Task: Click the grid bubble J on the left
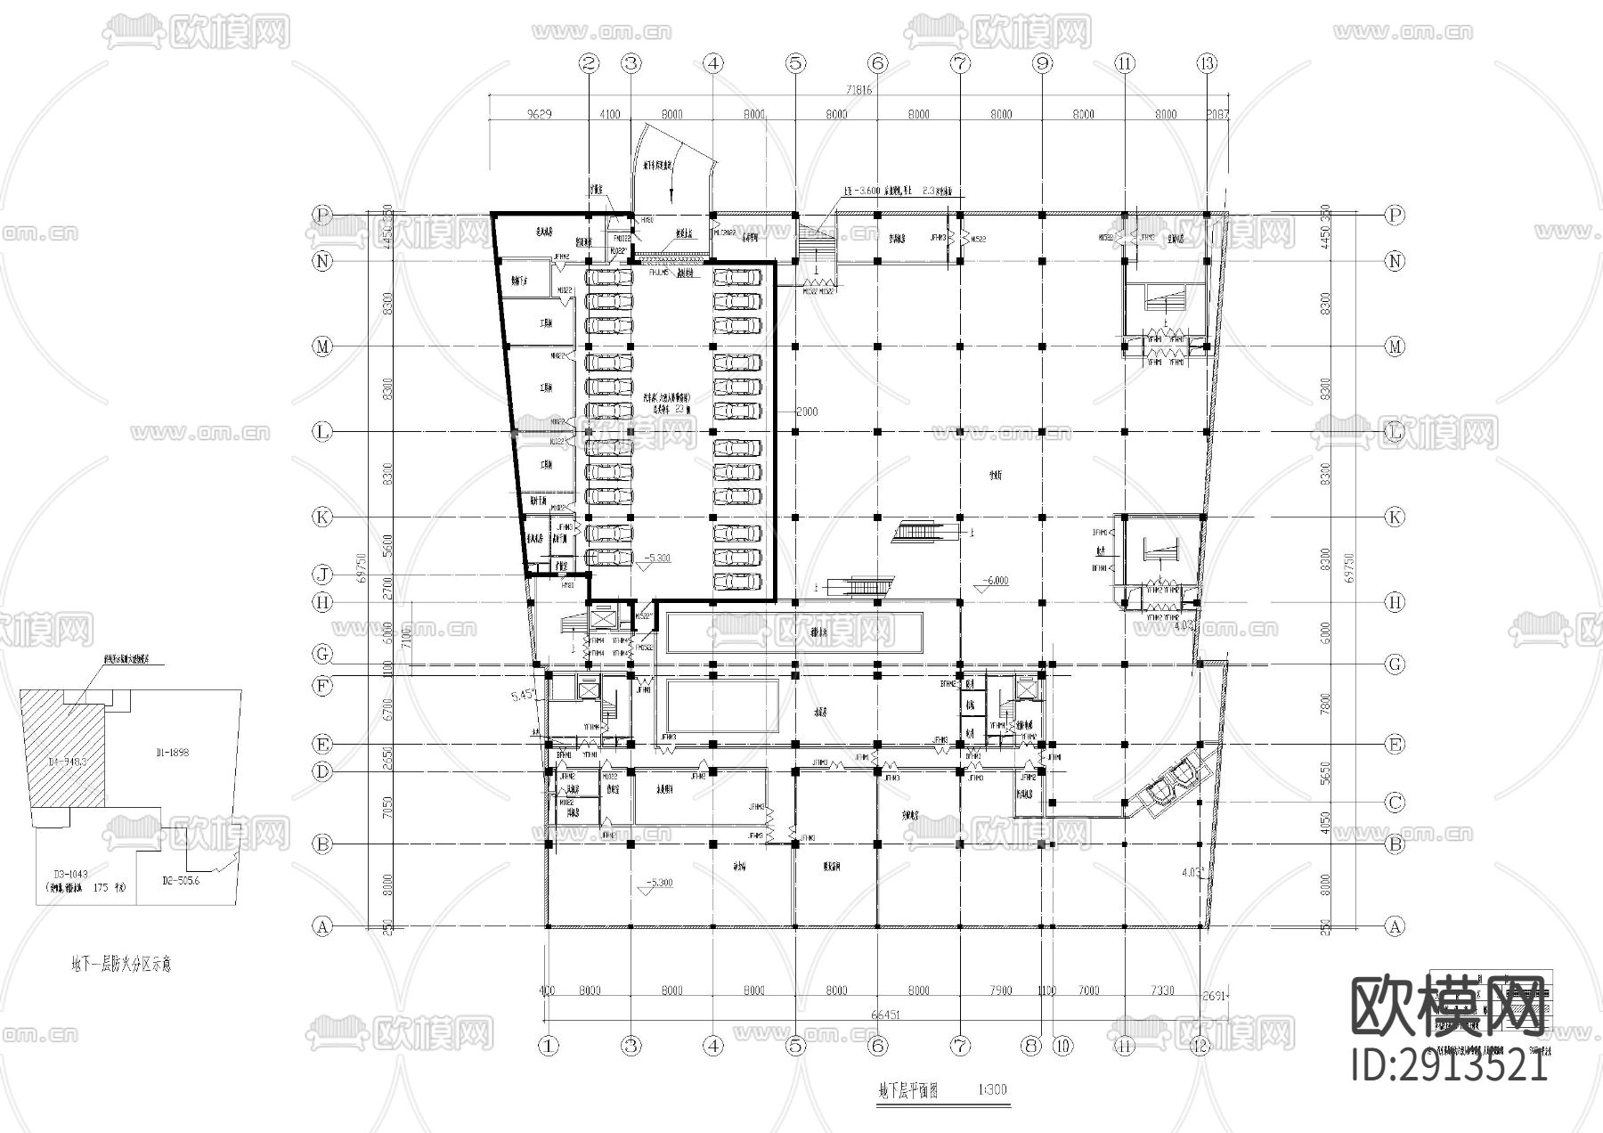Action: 322,575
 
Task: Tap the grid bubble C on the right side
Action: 1395,803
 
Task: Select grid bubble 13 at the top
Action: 1207,63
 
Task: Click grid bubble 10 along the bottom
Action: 1062,1046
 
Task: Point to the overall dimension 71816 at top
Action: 858,90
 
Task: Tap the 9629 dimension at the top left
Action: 540,114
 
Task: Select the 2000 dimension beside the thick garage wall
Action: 806,412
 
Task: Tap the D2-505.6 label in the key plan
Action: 182,880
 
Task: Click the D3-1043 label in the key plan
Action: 71,875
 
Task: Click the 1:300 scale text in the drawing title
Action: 991,1089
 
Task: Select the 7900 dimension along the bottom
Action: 1000,990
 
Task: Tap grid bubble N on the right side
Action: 1395,261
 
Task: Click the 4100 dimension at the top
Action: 610,114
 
